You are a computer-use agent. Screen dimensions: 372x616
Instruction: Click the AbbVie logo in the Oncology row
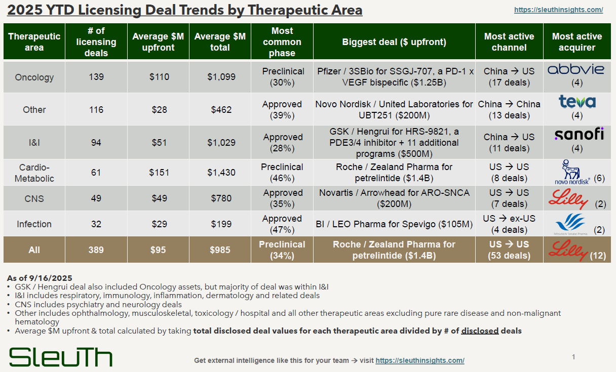tap(576, 69)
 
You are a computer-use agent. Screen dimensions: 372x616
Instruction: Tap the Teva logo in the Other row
tap(576, 102)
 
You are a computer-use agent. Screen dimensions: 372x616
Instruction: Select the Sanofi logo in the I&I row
tap(576, 134)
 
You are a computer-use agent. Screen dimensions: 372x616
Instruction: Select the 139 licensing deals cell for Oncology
tap(96, 77)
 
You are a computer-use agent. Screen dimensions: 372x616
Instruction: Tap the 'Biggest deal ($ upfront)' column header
tap(394, 42)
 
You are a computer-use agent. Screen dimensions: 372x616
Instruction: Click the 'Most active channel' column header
tap(509, 42)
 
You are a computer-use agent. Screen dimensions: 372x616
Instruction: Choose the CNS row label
tap(34, 198)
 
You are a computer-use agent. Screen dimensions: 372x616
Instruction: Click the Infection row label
tap(34, 224)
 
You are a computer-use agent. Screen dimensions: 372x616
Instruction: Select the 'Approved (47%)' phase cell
tap(282, 224)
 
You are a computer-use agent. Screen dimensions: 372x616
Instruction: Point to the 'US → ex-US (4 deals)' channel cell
tap(509, 224)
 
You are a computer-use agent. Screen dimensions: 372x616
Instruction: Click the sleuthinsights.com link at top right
tap(558, 10)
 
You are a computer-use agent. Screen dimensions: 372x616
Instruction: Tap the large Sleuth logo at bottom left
tap(61, 357)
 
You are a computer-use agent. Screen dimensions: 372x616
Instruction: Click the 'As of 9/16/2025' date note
tap(40, 278)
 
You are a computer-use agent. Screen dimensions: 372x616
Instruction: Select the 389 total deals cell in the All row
tap(96, 250)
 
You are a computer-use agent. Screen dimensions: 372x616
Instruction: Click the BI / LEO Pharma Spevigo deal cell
tap(394, 224)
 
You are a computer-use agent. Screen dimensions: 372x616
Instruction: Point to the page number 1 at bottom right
tap(573, 357)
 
